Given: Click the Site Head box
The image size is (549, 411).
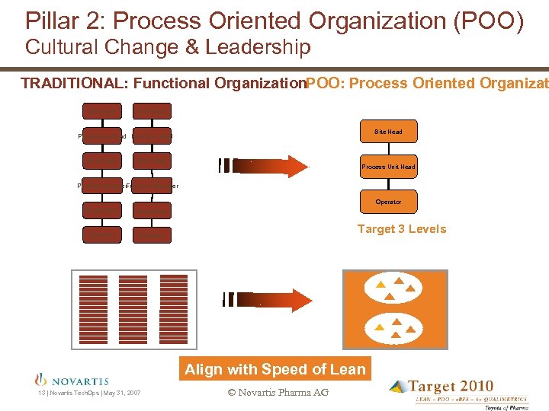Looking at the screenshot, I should pos(388,132).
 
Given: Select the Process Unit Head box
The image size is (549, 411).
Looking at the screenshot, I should pos(388,167).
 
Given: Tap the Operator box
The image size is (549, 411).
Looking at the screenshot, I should pos(388,202).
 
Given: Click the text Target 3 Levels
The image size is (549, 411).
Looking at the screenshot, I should pos(402,229).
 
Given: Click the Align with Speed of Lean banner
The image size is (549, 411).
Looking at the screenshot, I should pos(274,369).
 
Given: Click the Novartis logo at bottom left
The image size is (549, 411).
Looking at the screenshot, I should pos(72,380).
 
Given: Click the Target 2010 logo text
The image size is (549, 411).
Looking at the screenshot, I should pos(450,387).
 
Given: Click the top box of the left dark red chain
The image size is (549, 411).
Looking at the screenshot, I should pos(101,110).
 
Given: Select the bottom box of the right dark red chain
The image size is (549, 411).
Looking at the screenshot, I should pos(152,235).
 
